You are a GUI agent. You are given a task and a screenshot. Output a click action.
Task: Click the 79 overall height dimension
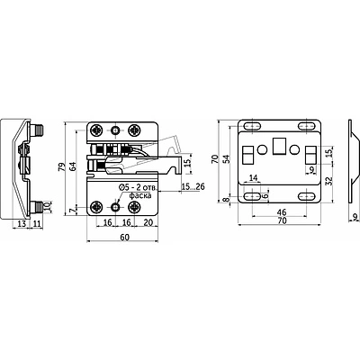(61, 166)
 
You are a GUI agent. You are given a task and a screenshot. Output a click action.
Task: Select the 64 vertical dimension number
(73, 166)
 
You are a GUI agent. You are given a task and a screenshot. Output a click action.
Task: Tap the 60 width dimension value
(124, 238)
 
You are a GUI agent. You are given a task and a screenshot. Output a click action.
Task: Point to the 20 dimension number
(148, 222)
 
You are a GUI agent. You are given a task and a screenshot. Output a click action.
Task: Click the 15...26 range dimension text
(193, 187)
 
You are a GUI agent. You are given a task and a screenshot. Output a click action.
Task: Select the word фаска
(140, 196)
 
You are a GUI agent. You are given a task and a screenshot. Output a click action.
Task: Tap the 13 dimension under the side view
(22, 223)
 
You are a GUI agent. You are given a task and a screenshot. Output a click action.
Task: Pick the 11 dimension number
(37, 223)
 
